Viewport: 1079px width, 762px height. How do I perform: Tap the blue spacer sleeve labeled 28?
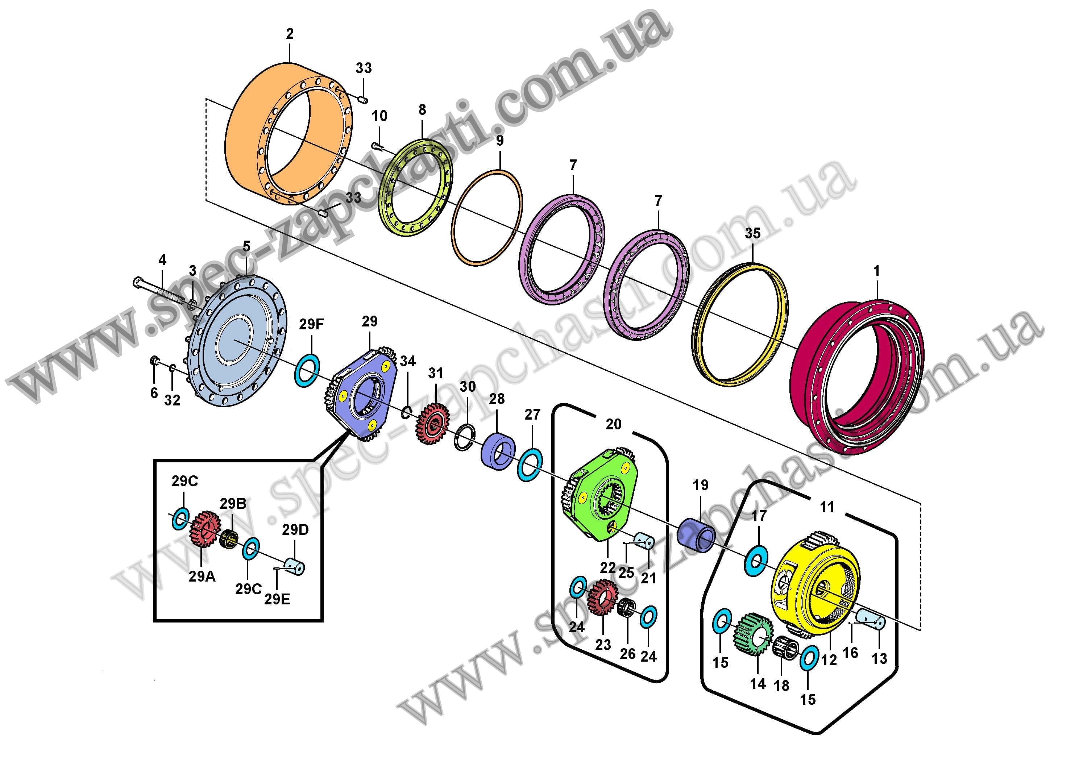tap(498, 450)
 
